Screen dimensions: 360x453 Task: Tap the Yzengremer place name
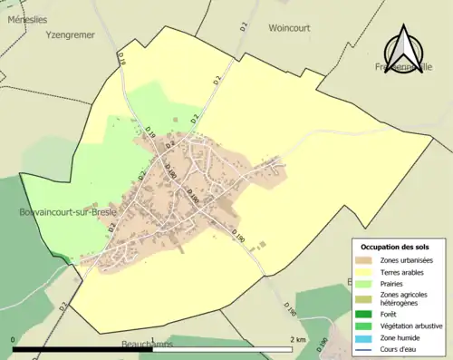71,36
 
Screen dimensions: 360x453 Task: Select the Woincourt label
289,28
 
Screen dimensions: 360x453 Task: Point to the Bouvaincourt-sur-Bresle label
61,211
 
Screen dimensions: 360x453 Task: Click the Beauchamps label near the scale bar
149,345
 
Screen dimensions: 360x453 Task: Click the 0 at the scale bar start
14,340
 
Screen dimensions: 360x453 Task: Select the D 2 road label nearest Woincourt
217,81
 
